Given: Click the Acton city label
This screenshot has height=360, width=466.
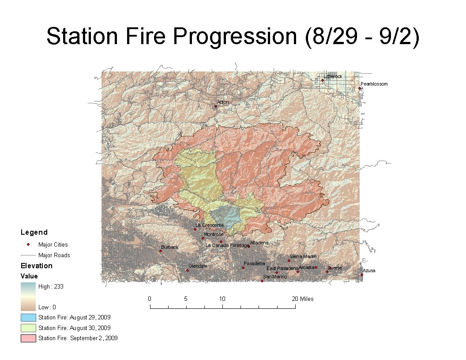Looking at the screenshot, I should coord(223,102).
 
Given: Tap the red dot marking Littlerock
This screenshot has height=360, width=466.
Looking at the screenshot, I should coord(323,80).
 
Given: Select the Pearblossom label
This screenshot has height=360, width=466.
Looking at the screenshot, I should coord(374,84).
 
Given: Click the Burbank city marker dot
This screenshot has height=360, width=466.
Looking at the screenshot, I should coord(161,251).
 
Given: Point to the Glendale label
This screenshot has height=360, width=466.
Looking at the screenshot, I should coord(198,266).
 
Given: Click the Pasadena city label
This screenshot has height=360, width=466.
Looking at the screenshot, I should coord(254,263).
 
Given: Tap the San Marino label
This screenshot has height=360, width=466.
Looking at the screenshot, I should coord(275,277).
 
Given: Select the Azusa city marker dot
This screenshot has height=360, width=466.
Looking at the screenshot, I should coord(362,275).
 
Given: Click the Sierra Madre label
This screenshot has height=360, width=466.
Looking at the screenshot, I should coord(303,256).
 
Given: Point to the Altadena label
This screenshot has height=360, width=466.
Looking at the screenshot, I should coord(259,243).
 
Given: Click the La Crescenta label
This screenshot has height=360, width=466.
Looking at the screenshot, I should coord(210,225).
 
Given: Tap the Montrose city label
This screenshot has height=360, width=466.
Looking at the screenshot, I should coord(214,234).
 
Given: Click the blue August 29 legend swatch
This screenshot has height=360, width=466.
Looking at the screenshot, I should coord(28,317).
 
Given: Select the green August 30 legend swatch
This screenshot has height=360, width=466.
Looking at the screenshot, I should coord(28,328).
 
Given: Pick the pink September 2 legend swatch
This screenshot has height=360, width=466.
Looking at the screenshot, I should coord(28,338).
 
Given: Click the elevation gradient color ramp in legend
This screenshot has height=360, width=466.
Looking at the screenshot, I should coord(28,296).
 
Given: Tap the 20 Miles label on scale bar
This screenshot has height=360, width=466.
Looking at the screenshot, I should coord(303,299).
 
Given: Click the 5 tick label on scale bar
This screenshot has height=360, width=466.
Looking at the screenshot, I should coord(186,299).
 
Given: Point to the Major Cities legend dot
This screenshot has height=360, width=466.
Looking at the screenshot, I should coord(28,244).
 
